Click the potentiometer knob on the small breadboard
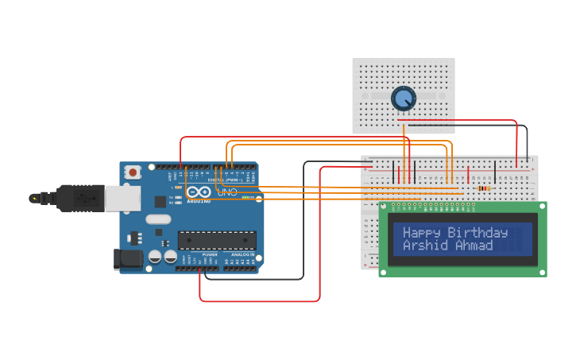click(x=404, y=99)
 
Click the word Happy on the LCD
click(x=421, y=233)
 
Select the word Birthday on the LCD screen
click(x=477, y=233)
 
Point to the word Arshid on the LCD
click(x=426, y=246)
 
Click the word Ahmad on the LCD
click(x=474, y=246)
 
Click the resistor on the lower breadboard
click(x=484, y=188)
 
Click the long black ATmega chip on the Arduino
click(x=217, y=239)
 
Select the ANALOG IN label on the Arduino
click(x=242, y=254)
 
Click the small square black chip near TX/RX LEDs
click(x=160, y=202)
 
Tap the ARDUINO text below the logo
click(x=199, y=201)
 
